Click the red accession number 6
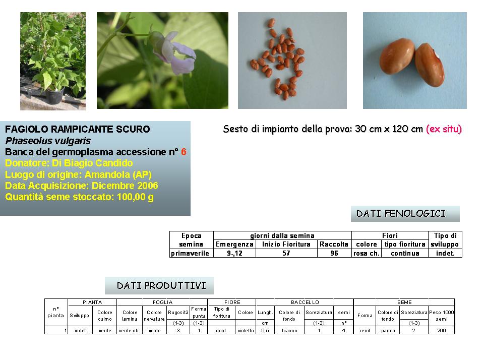(x=184, y=152)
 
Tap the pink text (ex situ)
(x=444, y=129)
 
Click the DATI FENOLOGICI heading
(x=401, y=214)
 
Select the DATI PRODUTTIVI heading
(x=161, y=285)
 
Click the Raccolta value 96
(x=334, y=254)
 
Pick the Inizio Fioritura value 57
(x=286, y=254)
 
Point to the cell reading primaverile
(x=190, y=254)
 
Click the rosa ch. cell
(x=367, y=254)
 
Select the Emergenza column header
(x=234, y=245)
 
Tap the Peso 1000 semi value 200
(x=442, y=331)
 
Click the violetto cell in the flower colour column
(x=246, y=331)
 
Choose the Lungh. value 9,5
(x=265, y=331)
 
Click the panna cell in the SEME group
(x=388, y=331)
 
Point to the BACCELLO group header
(x=305, y=302)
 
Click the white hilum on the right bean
(x=437, y=55)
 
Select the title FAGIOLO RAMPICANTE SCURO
(x=78, y=129)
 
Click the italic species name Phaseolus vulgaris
(x=48, y=141)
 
